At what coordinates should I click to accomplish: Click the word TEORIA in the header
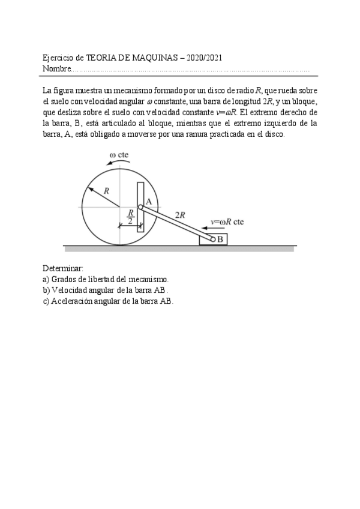click(101, 58)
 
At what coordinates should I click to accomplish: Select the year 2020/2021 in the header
click(206, 58)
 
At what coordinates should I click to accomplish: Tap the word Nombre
click(56, 69)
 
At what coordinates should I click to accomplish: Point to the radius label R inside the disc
click(106, 190)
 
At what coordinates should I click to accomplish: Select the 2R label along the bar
click(179, 214)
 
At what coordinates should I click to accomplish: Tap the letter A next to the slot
click(148, 201)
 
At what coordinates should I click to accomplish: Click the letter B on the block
click(220, 239)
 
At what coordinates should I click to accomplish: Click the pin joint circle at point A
click(140, 207)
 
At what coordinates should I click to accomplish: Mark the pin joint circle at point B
click(212, 239)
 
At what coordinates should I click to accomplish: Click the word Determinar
click(64, 268)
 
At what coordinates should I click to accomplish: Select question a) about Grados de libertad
click(106, 279)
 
